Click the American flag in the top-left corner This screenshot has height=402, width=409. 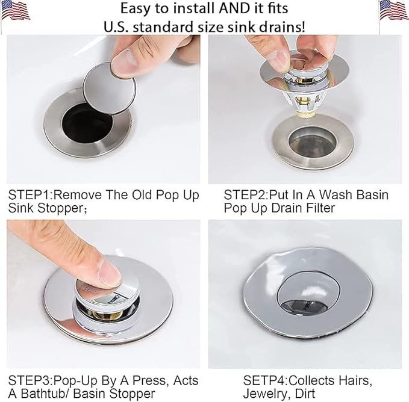[15, 10]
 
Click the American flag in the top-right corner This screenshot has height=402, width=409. [393, 10]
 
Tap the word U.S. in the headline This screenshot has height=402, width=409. [116, 27]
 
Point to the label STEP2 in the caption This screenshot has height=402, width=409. [246, 195]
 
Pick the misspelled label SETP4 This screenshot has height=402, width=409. [265, 380]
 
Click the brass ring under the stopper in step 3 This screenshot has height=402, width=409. [105, 315]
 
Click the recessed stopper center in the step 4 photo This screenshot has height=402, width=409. [309, 292]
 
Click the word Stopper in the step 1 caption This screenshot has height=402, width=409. [60, 208]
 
